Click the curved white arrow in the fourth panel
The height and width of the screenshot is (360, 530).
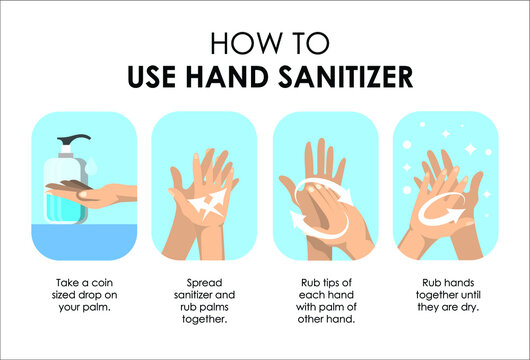pyautogui.click(x=441, y=211)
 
